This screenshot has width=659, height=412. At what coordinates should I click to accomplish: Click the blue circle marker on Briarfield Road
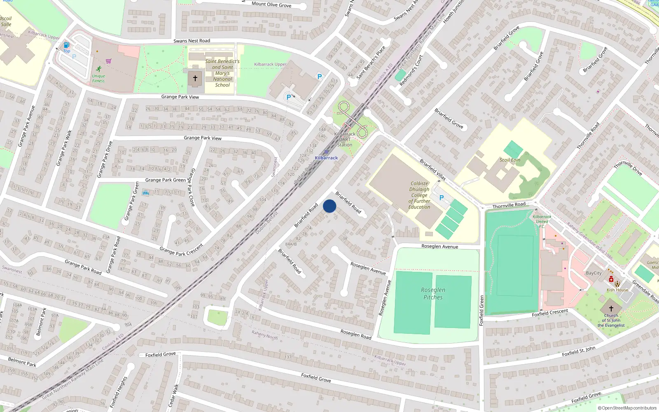pyautogui.click(x=329, y=206)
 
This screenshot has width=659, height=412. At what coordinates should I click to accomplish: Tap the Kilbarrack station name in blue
pyautogui.click(x=326, y=158)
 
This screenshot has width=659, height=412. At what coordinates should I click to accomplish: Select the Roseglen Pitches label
pyautogui.click(x=433, y=293)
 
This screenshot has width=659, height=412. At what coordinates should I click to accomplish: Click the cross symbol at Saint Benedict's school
pyautogui.click(x=195, y=78)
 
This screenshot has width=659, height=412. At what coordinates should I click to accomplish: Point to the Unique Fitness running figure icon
pyautogui.click(x=98, y=69)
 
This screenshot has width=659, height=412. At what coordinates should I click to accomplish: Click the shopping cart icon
pyautogui.click(x=108, y=61)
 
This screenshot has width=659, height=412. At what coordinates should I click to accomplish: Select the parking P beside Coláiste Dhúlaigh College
pyautogui.click(x=442, y=198)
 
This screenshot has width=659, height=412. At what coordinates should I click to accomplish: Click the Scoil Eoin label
pyautogui.click(x=510, y=160)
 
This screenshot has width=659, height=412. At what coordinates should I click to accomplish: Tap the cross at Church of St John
pyautogui.click(x=611, y=308)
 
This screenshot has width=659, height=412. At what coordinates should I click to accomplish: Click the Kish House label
pyautogui.click(x=617, y=290)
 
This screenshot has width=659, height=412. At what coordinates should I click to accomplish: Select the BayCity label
pyautogui.click(x=594, y=273)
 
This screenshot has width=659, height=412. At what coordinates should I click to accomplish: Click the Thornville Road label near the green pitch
pyautogui.click(x=509, y=205)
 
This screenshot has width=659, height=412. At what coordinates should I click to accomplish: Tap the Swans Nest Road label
pyautogui.click(x=192, y=41)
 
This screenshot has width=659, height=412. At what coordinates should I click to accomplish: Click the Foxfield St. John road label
pyautogui.click(x=579, y=351)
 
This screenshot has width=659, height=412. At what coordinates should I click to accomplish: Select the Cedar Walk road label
pyautogui.click(x=174, y=396)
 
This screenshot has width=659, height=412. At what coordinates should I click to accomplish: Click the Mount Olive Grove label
pyautogui.click(x=271, y=5)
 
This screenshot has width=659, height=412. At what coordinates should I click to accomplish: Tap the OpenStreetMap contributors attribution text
pyautogui.click(x=628, y=408)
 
